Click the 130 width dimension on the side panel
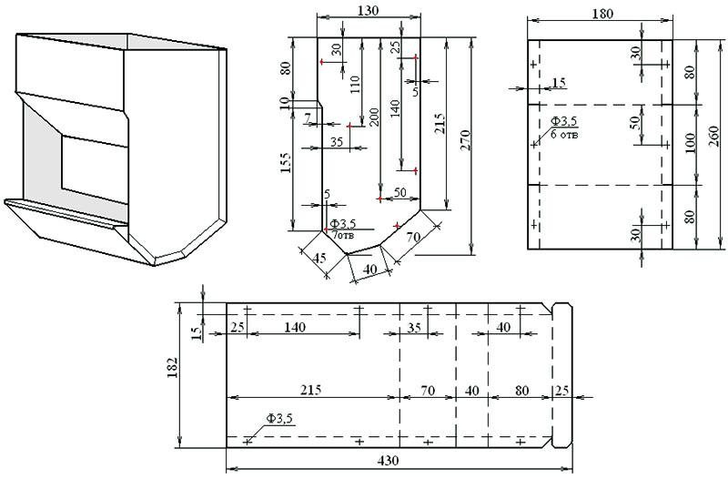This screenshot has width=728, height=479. [369, 10]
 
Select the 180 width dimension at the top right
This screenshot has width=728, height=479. [602, 14]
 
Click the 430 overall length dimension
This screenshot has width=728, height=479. [388, 461]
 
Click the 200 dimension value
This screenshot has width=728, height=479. [373, 117]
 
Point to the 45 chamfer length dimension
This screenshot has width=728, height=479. [319, 257]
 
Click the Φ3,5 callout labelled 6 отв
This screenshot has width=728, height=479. [566, 127]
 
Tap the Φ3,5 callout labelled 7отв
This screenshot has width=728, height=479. [343, 229]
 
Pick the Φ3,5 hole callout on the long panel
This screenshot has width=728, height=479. [279, 419]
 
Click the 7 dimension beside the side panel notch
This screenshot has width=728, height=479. [308, 117]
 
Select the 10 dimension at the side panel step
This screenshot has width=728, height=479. [284, 101]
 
